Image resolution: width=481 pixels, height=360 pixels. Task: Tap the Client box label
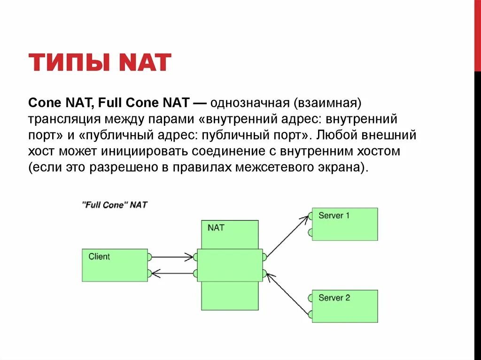(x=99, y=257)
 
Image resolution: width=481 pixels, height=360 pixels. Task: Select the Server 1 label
(x=334, y=216)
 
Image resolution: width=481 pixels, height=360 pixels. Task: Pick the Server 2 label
(x=334, y=298)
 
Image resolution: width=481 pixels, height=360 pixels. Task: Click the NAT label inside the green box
(x=216, y=228)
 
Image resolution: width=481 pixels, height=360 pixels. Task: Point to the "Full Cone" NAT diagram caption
(x=115, y=205)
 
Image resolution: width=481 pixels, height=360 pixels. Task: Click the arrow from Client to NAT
(x=172, y=257)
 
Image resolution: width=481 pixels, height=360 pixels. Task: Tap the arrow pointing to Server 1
(x=287, y=236)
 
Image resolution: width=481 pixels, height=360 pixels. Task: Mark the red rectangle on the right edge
(x=477, y=36)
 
